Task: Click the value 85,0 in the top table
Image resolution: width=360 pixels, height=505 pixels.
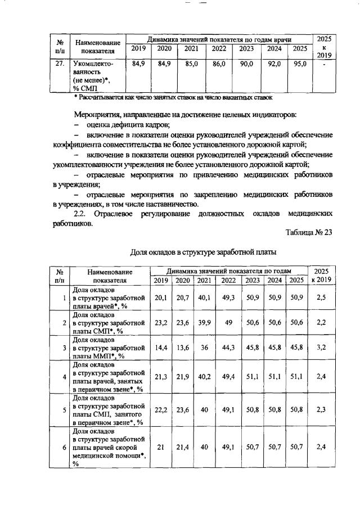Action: pyautogui.click(x=191, y=65)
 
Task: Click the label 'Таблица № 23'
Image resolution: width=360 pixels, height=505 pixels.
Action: pyautogui.click(x=309, y=234)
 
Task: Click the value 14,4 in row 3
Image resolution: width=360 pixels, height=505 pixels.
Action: pyautogui.click(x=161, y=348)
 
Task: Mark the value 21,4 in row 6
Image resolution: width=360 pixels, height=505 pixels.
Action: pyautogui.click(x=183, y=447)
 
